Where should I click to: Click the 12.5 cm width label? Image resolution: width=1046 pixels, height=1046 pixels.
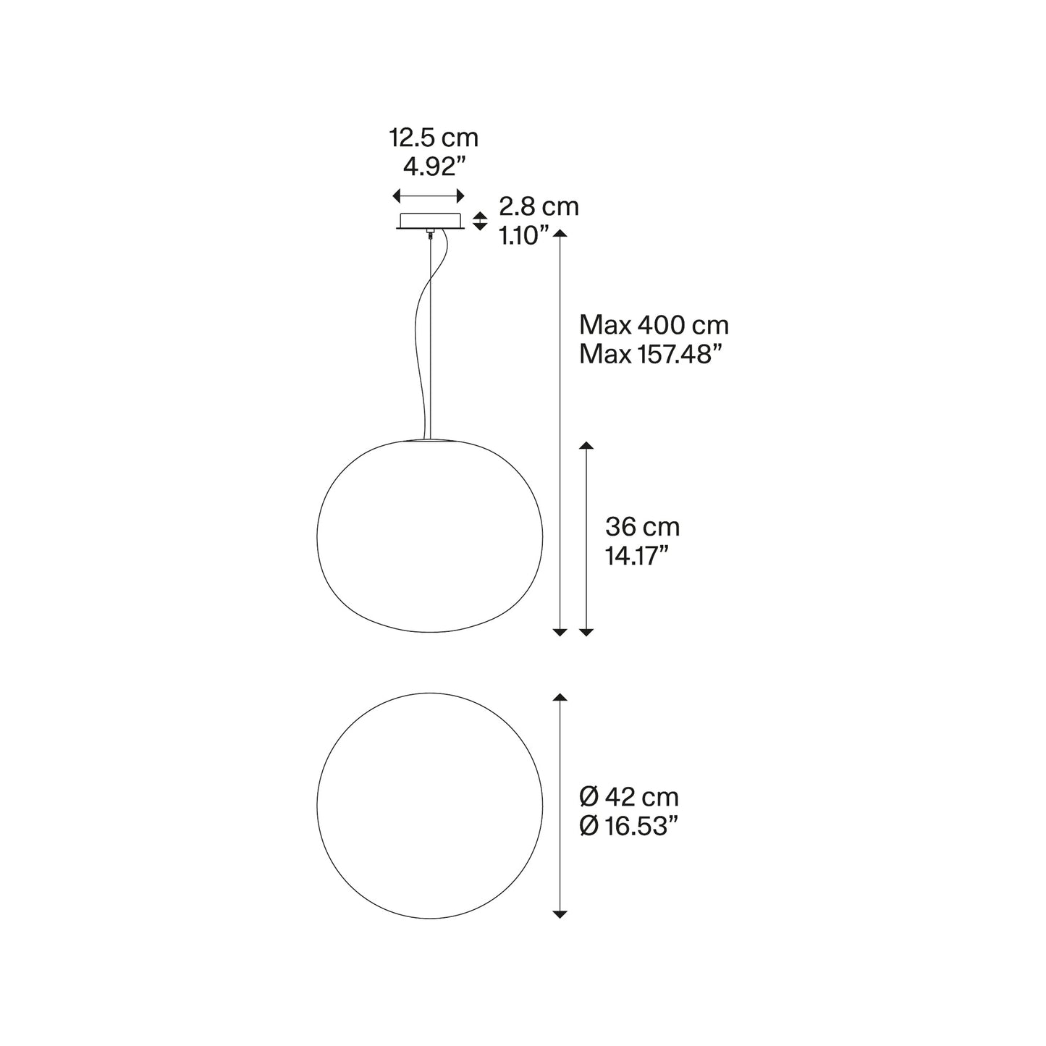click(x=434, y=138)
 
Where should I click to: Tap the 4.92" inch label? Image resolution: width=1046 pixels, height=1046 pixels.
click(x=435, y=166)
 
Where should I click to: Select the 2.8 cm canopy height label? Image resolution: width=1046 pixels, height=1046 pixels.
click(x=539, y=207)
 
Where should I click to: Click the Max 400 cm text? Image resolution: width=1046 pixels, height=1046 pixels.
click(x=654, y=325)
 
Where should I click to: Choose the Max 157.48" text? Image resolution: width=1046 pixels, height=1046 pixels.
click(x=651, y=355)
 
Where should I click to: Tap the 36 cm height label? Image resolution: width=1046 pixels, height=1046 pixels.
click(x=642, y=527)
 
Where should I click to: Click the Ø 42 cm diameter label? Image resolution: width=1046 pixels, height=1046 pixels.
click(x=629, y=798)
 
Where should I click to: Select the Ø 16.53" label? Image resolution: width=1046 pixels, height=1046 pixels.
click(x=629, y=826)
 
